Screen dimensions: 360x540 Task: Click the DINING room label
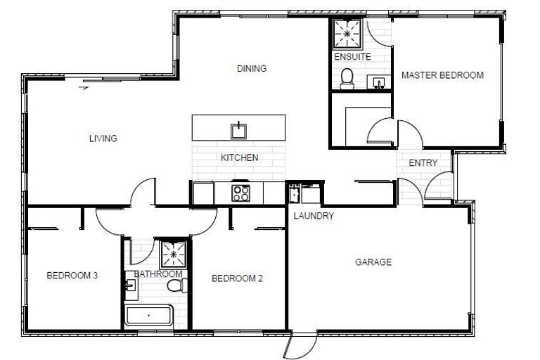pyautogui.click(x=252, y=69)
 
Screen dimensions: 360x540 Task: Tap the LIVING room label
pyautogui.click(x=103, y=139)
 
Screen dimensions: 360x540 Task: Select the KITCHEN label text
pyautogui.click(x=239, y=158)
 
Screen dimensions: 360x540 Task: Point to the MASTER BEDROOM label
pyautogui.click(x=442, y=75)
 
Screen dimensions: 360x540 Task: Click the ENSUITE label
pyautogui.click(x=352, y=57)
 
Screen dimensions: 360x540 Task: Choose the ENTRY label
pyautogui.click(x=422, y=163)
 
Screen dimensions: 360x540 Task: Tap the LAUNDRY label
pyautogui.click(x=314, y=216)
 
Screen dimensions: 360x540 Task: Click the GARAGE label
pyautogui.click(x=373, y=262)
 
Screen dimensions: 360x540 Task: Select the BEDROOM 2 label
pyautogui.click(x=237, y=278)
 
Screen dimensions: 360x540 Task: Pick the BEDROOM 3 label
pyautogui.click(x=72, y=276)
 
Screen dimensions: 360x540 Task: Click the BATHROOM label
pyautogui.click(x=158, y=274)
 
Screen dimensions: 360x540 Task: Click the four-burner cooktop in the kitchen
pyautogui.click(x=241, y=193)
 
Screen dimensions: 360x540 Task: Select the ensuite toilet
pyautogui.click(x=347, y=79)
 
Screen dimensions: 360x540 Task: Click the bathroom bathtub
pyautogui.click(x=149, y=315)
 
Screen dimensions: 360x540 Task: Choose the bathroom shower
pyautogui.click(x=172, y=253)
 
